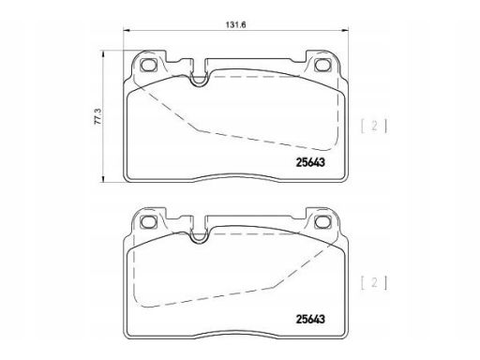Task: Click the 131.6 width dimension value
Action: point(236,24)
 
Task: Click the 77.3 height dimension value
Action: point(97,117)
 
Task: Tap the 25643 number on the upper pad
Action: point(310,162)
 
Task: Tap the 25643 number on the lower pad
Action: point(310,319)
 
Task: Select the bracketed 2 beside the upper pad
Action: point(374,126)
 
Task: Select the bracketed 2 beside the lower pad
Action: point(374,283)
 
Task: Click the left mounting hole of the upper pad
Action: point(148,65)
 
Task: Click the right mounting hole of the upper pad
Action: point(322,65)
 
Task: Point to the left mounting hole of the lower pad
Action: point(148,222)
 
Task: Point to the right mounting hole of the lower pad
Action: point(322,222)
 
